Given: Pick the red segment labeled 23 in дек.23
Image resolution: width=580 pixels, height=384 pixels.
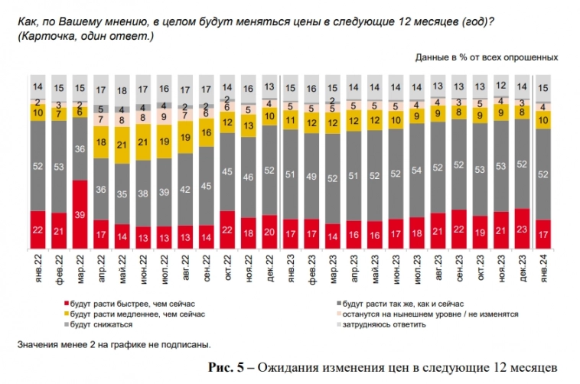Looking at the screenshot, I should [521, 227].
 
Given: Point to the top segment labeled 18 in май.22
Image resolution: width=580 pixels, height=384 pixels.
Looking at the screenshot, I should [122, 90].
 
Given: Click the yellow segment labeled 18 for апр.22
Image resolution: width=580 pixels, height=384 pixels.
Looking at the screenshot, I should [101, 142].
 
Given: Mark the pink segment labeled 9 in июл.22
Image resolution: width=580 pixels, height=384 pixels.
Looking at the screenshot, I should [164, 116].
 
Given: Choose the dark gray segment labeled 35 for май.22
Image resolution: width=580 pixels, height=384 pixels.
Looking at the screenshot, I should [122, 194].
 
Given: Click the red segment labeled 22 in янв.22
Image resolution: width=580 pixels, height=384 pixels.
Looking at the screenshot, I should [37, 229].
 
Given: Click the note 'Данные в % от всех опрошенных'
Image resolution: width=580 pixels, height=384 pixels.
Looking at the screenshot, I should [487, 57].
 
